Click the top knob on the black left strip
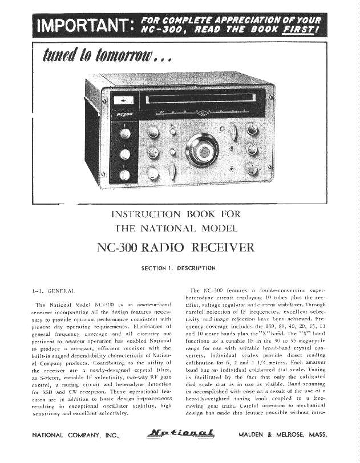click(123, 135)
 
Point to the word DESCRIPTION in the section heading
click(196, 267)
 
